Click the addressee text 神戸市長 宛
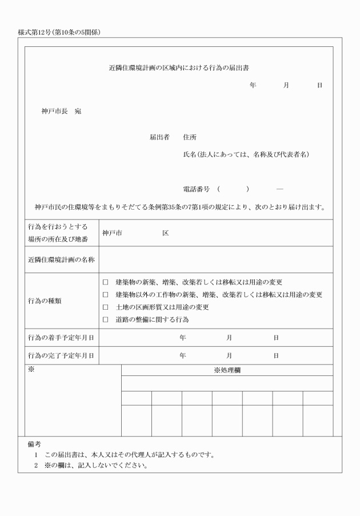(x=61, y=111)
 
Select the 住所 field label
(x=190, y=138)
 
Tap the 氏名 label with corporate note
(x=246, y=155)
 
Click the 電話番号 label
(x=195, y=189)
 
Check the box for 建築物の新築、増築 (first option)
(x=105, y=282)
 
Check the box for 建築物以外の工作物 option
(x=105, y=295)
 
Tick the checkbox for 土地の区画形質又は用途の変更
(x=105, y=307)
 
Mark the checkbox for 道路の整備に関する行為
(x=105, y=320)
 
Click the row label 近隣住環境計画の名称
(x=61, y=259)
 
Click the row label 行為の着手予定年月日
(x=61, y=338)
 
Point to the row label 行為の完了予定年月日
(x=61, y=355)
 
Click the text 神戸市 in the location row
(x=113, y=233)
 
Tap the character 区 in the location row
(x=165, y=233)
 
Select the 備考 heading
(x=34, y=443)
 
